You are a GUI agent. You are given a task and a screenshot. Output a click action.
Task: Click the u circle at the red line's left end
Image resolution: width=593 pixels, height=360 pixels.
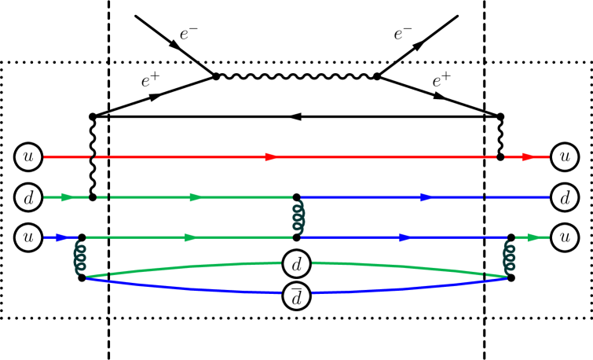pyautogui.click(x=28, y=157)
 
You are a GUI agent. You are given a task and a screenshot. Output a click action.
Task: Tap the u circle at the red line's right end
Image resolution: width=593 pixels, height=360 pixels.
pyautogui.click(x=565, y=157)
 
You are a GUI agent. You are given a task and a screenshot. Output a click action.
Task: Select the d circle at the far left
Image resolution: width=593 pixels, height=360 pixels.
pyautogui.click(x=28, y=197)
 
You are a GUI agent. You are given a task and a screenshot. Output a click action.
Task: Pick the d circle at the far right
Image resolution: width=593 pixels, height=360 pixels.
pyautogui.click(x=565, y=197)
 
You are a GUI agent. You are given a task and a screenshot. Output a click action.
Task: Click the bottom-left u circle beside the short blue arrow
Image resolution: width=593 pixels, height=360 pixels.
pyautogui.click(x=28, y=237)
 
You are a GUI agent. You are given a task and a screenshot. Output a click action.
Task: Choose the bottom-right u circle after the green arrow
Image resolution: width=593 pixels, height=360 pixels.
pyautogui.click(x=565, y=237)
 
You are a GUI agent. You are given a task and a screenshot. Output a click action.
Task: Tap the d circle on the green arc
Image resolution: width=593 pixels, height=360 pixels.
pyautogui.click(x=296, y=264)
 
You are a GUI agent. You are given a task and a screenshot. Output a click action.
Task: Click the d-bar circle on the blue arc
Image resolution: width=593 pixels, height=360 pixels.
pyautogui.click(x=296, y=296)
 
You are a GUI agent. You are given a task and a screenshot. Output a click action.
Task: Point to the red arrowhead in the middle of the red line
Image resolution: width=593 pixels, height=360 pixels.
pyautogui.click(x=272, y=157)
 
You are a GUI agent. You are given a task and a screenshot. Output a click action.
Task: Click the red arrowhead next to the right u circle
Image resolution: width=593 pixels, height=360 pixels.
pyautogui.click(x=528, y=157)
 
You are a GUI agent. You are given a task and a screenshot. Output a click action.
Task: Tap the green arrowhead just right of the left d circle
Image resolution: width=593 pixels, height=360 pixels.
pyautogui.click(x=68, y=197)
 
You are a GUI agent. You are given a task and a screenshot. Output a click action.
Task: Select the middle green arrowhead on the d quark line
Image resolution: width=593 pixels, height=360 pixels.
pyautogui.click(x=196, y=197)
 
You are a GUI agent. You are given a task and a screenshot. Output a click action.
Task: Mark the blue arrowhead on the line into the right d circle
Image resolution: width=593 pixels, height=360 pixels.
pyautogui.click(x=426, y=197)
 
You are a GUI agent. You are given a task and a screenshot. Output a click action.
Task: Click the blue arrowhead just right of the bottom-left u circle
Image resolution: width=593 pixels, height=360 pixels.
pyautogui.click(x=62, y=237)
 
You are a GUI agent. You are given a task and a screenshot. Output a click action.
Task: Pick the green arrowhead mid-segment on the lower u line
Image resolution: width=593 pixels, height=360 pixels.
pyautogui.click(x=191, y=237)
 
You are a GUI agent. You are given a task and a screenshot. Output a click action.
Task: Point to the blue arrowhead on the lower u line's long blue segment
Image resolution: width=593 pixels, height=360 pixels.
pyautogui.click(x=405, y=237)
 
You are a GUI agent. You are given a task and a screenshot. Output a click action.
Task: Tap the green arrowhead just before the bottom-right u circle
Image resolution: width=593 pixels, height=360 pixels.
pyautogui.click(x=534, y=237)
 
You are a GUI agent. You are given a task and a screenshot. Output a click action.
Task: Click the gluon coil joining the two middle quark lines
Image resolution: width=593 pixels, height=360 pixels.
pyautogui.click(x=298, y=217)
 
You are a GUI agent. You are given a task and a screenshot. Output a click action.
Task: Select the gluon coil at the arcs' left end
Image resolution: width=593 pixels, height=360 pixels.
pyautogui.click(x=80, y=258)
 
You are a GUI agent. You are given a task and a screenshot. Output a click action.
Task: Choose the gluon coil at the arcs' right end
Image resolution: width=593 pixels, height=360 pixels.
pyautogui.click(x=509, y=258)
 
